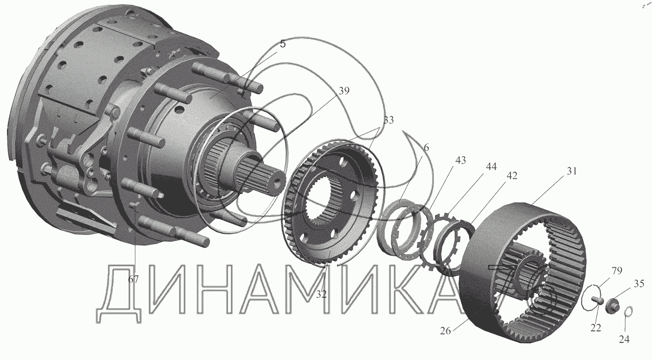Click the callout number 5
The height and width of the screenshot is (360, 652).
point(283,44)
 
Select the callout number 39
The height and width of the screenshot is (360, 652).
point(344,91)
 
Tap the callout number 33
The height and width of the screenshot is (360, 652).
point(388,120)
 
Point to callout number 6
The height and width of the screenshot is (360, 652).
point(426,148)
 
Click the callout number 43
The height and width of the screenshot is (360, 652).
point(460,160)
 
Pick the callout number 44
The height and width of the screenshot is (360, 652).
point(492,166)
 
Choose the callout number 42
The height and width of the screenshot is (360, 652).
point(512,176)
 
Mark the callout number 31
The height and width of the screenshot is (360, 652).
point(572,171)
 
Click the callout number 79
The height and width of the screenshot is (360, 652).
point(616,271)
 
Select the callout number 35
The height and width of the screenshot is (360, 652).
point(639,283)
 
